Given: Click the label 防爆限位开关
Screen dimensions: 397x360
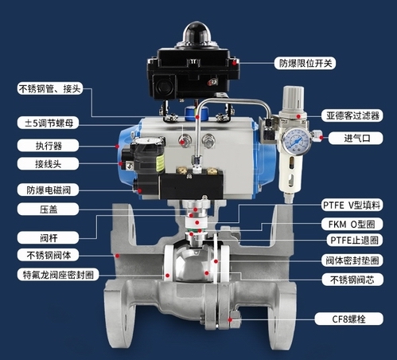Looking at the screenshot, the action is point(305,63).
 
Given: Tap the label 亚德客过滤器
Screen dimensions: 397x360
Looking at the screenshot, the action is point(352,115).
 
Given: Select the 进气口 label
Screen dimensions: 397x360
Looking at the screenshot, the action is point(356,138).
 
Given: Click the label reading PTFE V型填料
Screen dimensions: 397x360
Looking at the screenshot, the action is point(352,205).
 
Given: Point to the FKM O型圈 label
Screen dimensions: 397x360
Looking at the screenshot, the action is point(352,225).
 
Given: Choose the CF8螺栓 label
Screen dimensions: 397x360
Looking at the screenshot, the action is point(349,319).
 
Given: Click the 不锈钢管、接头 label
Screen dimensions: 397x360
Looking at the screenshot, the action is point(49,88).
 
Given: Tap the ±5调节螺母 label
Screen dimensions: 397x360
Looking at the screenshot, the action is point(48,123).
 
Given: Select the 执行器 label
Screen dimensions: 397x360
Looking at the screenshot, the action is point(48,146).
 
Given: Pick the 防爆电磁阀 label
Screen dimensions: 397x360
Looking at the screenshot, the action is point(48,190).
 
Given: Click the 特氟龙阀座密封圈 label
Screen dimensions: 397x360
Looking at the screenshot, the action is point(58,275).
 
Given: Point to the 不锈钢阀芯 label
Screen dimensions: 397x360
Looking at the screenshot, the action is point(352,280).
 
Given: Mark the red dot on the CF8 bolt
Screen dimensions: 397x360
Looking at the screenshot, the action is point(230,319).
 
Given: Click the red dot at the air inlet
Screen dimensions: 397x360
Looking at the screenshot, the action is point(321,138).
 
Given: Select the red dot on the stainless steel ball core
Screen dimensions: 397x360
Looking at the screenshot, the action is point(207,272).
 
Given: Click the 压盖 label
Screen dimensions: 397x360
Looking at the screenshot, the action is point(48,209).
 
